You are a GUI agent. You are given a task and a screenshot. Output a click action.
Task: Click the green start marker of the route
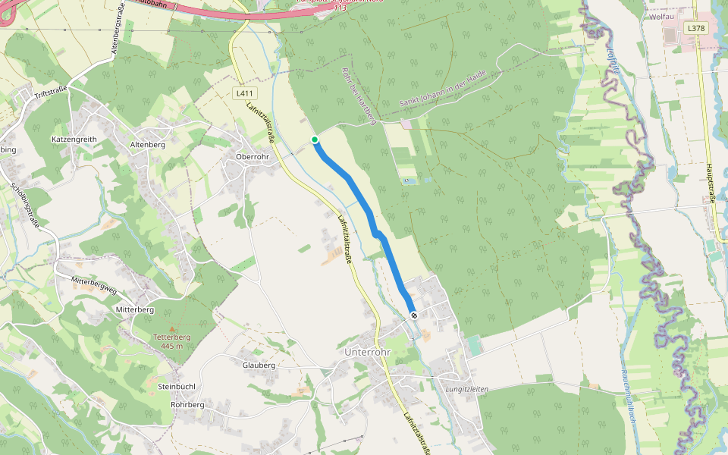tap(315, 140)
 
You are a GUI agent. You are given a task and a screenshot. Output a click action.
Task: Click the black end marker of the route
tap(413, 315)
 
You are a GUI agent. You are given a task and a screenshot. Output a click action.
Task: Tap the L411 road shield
tap(243, 93)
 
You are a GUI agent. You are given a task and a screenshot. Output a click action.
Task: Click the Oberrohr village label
tap(247, 157)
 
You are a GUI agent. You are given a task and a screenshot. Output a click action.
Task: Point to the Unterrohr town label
tap(366, 353)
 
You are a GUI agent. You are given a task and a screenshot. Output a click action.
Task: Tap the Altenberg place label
tap(148, 144)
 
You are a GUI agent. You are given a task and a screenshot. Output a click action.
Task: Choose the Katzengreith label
tap(74, 140)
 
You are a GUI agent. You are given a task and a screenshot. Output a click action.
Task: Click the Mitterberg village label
tap(135, 310)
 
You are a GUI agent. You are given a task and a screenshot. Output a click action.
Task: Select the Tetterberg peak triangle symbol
tap(171, 328)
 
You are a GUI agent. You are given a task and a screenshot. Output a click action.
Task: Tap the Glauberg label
tap(259, 365)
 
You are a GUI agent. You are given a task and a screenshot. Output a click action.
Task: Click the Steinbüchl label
tap(177, 387)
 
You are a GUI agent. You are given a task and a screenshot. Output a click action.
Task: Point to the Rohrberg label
tap(188, 405)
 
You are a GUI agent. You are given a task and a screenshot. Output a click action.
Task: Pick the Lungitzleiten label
tap(466, 389)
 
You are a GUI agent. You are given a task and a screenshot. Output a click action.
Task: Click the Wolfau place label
tap(662, 16)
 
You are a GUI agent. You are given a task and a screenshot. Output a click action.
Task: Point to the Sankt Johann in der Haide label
tap(453, 89)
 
